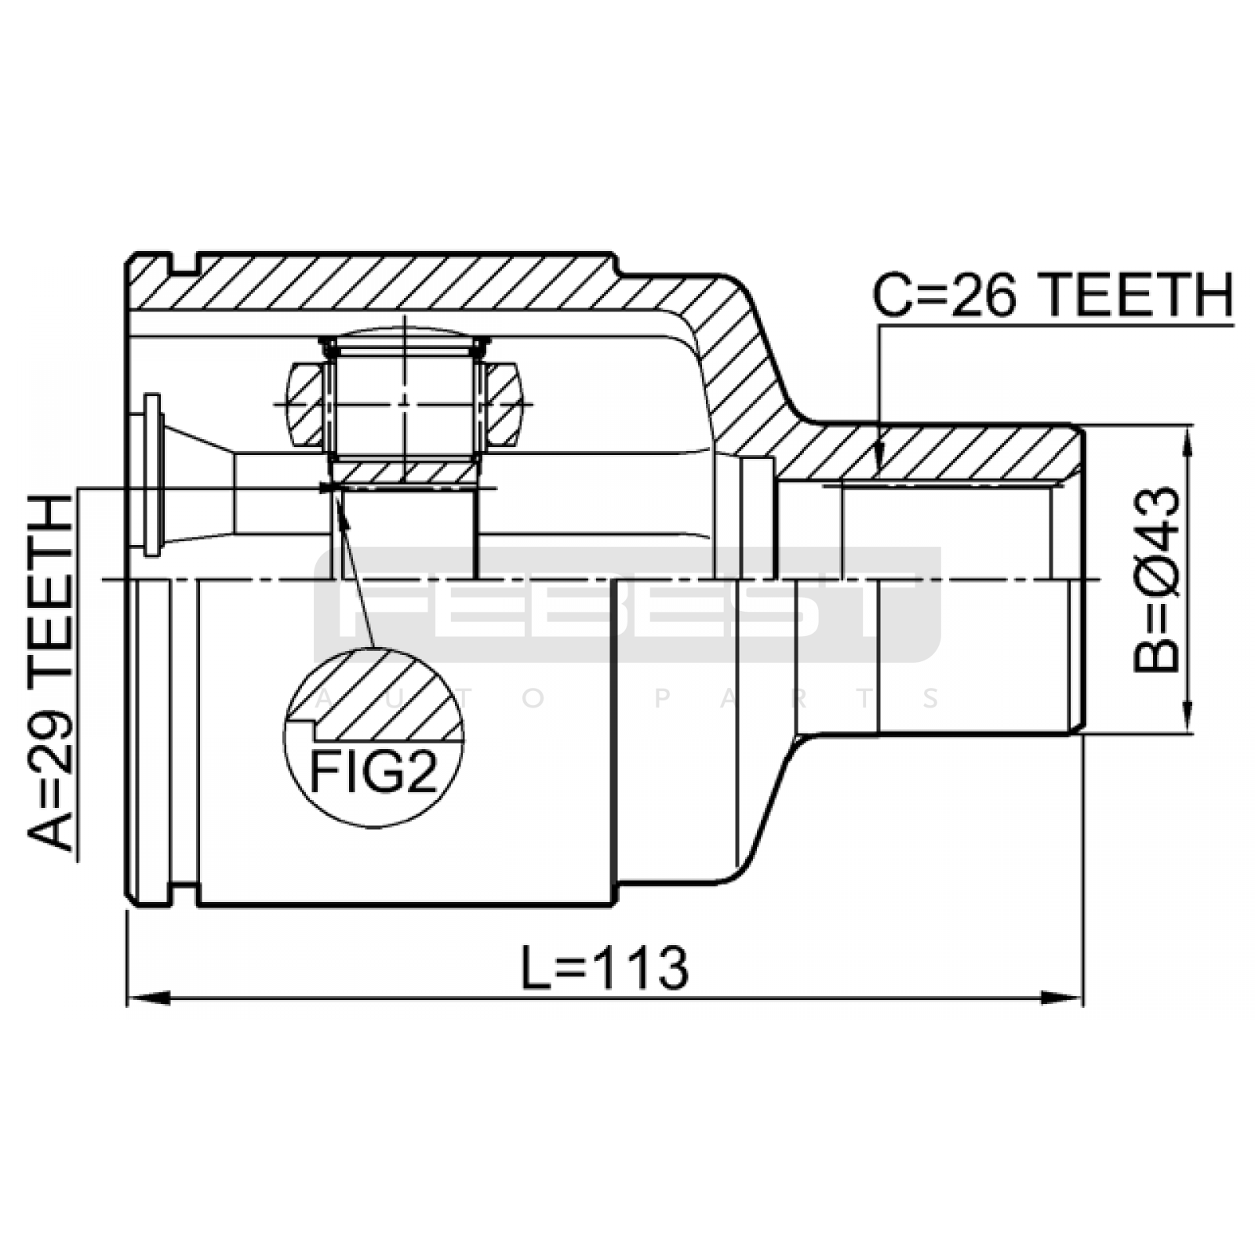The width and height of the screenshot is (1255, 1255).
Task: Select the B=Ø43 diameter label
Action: (x=1156, y=580)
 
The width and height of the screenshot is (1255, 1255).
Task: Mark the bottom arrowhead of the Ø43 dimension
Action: (x=1191, y=713)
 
